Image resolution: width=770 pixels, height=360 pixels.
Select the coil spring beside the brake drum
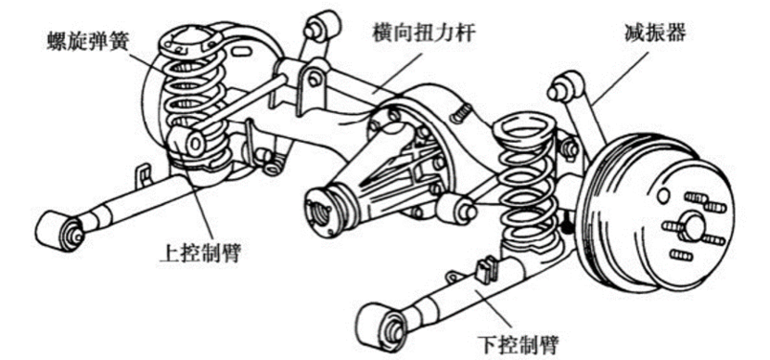point(526,186)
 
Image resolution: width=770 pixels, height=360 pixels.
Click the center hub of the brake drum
point(692,226)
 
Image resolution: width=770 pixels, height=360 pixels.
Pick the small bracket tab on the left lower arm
point(144,172)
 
